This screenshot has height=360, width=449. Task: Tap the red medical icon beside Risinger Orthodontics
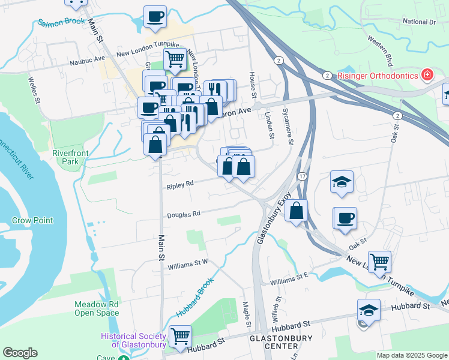(x=427, y=75)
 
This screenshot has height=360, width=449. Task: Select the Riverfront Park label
(x=70, y=157)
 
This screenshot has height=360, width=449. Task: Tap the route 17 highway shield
(x=303, y=176)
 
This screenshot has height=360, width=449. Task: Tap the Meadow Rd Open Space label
(x=97, y=308)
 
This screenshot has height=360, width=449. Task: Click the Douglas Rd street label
(x=183, y=214)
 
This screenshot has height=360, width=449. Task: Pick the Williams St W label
(x=187, y=264)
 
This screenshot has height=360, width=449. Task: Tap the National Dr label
(x=418, y=22)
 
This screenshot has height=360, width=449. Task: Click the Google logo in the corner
(x=20, y=353)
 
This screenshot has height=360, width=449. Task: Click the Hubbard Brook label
(x=194, y=298)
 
